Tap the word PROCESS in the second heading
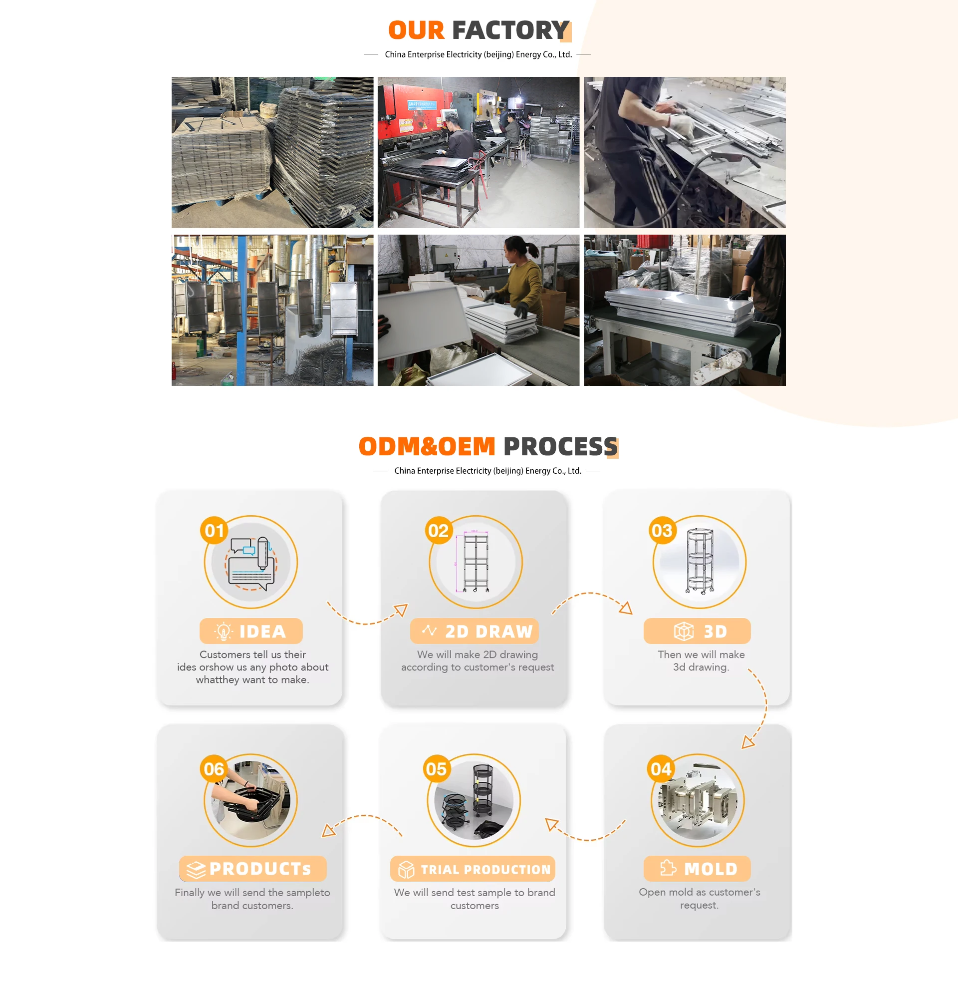[560, 446]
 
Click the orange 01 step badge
[214, 530]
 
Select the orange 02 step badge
[439, 530]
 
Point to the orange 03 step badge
[662, 530]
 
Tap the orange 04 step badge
[661, 769]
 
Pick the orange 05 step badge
[437, 769]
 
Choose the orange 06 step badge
[214, 769]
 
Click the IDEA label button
[251, 631]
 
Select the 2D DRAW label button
[475, 631]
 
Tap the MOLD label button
[697, 869]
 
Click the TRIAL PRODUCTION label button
[473, 869]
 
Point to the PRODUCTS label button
[252, 869]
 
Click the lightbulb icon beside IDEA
[224, 631]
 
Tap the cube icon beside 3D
[684, 631]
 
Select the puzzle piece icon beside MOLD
[668, 868]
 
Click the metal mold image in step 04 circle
[698, 800]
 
